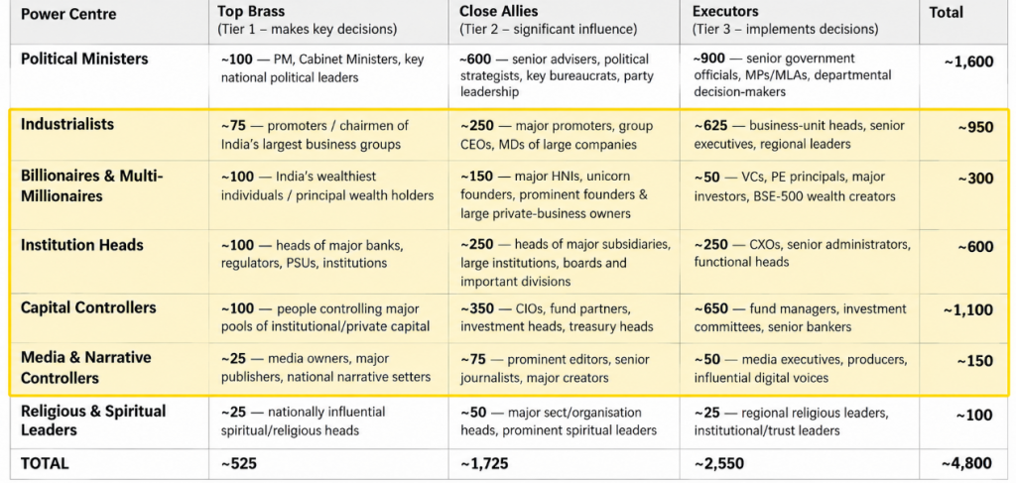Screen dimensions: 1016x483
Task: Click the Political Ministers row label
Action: tap(84, 59)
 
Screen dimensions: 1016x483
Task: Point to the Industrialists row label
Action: tap(67, 124)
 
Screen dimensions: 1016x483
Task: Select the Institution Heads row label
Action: tap(82, 245)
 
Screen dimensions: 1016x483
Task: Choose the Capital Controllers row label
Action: tap(88, 307)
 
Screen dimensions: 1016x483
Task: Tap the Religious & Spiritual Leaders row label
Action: tap(93, 421)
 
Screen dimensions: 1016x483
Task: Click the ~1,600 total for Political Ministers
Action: tap(968, 62)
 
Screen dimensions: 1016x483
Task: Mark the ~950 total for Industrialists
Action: tap(975, 128)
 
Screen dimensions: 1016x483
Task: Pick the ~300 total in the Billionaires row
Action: tap(975, 179)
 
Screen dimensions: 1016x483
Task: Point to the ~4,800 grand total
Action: tap(968, 463)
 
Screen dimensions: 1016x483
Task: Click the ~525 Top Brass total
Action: tap(239, 463)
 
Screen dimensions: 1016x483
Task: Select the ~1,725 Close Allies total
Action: tap(484, 463)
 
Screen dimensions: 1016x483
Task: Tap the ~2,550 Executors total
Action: tap(718, 463)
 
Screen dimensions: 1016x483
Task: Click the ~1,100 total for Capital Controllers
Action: tap(968, 310)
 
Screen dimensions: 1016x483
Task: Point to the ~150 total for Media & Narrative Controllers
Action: tap(975, 361)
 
